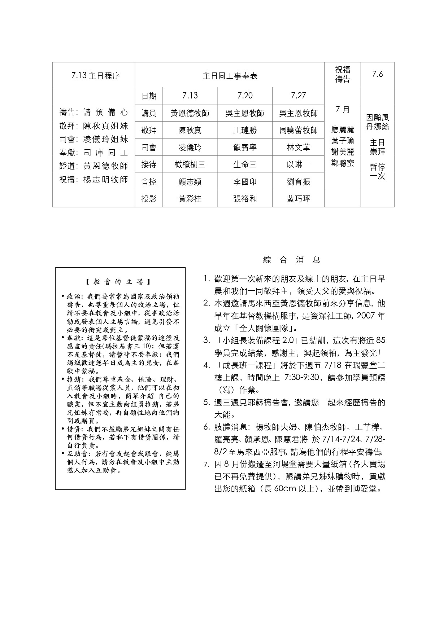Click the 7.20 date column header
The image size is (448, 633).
click(x=245, y=96)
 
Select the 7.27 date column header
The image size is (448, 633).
click(x=298, y=96)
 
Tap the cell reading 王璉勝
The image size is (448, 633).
click(x=245, y=130)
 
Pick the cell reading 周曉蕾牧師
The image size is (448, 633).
click(x=298, y=130)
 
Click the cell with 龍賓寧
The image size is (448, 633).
click(x=245, y=148)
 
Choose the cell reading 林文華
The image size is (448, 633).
click(x=298, y=148)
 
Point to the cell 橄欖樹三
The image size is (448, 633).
click(x=190, y=165)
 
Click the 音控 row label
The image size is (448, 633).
click(x=149, y=182)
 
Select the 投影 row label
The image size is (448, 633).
click(x=149, y=199)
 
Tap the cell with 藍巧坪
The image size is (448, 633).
click(x=298, y=199)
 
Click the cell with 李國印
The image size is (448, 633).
click(x=245, y=182)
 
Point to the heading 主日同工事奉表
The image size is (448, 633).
click(x=230, y=76)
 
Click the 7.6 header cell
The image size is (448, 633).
click(x=377, y=74)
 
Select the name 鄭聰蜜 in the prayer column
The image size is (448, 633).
click(x=343, y=163)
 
